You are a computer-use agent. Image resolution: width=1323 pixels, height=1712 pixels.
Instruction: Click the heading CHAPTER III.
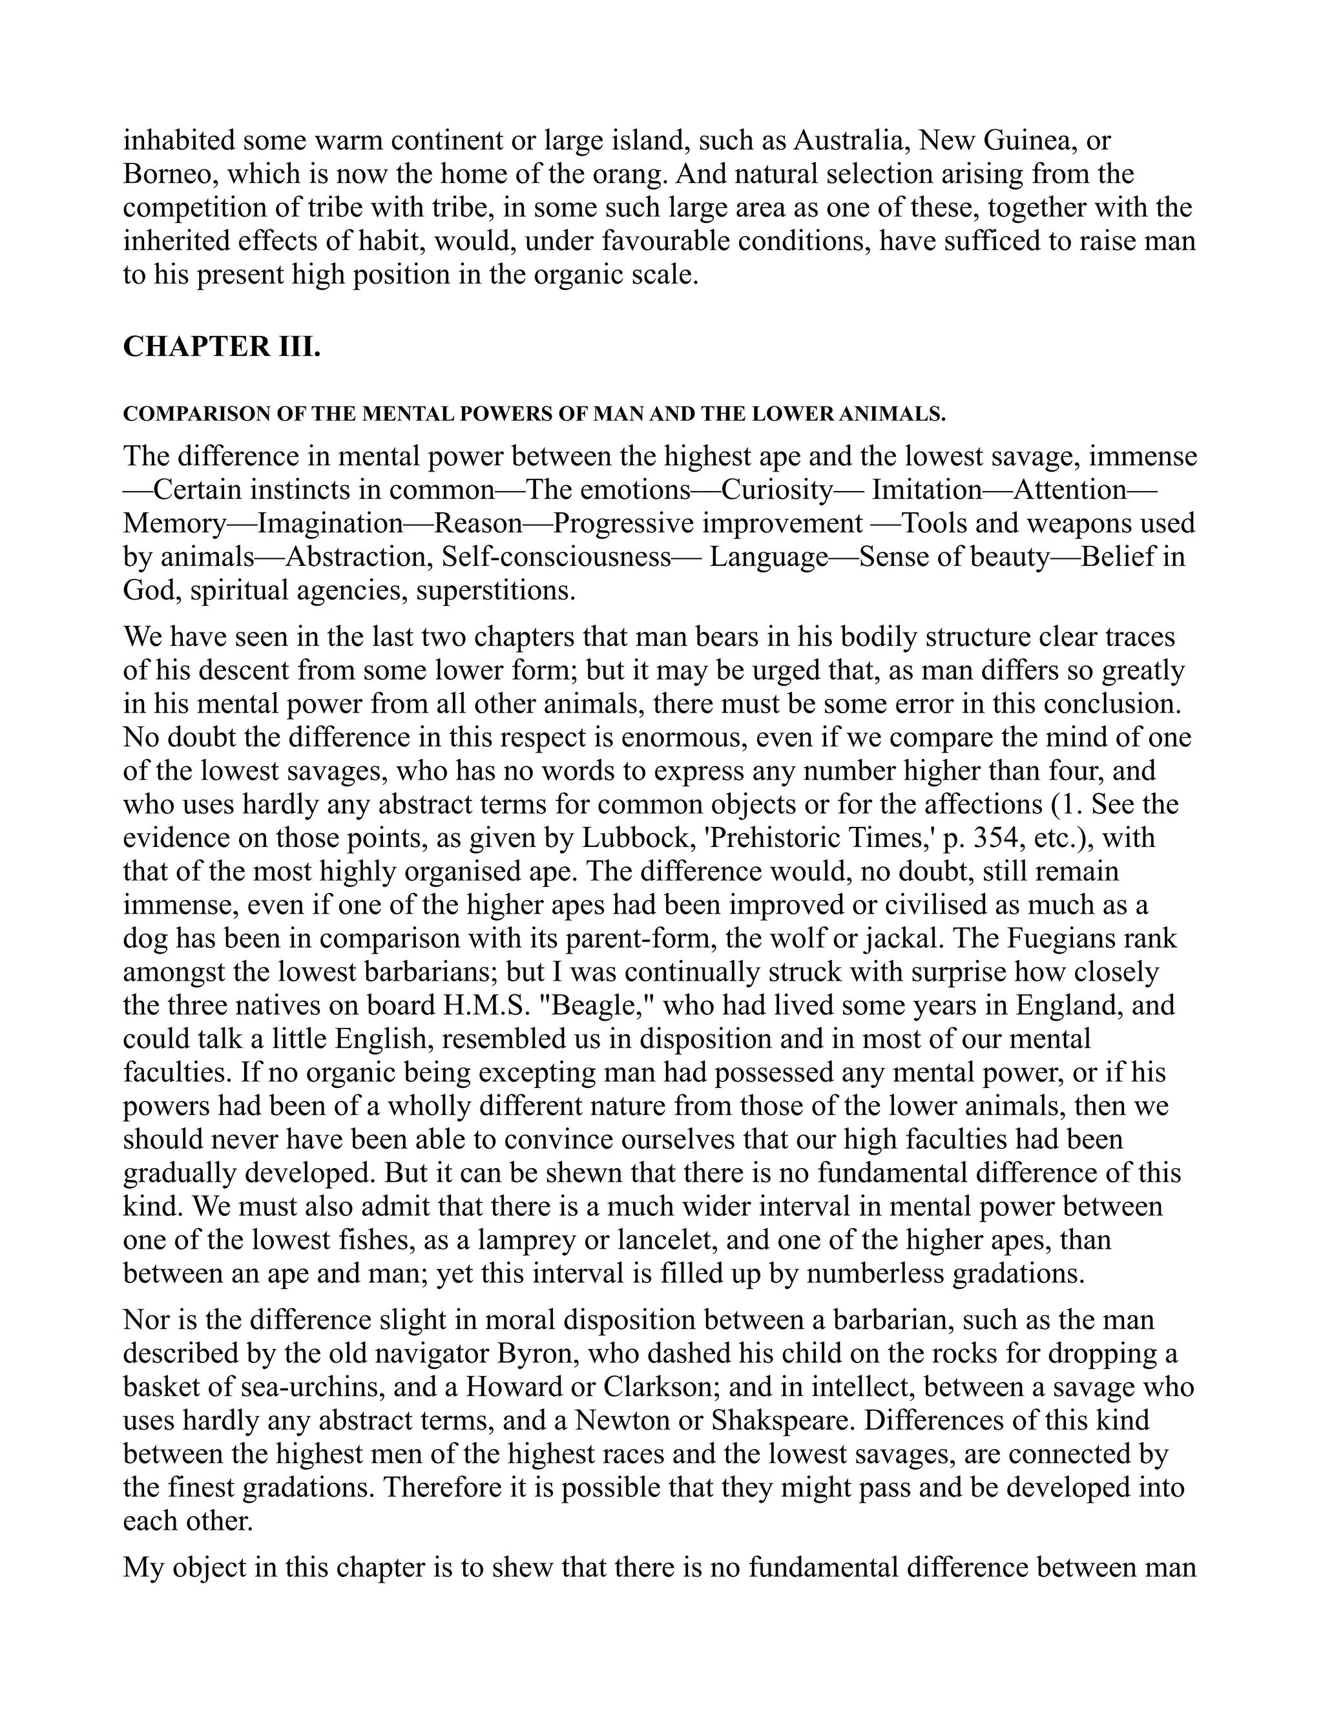[222, 346]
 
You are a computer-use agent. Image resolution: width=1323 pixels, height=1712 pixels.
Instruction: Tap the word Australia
[850, 140]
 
